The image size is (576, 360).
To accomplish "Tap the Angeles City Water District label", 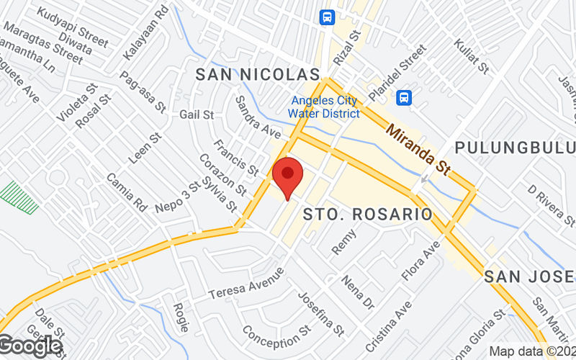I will (324, 107).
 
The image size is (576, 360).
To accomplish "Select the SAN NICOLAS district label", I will (257, 74).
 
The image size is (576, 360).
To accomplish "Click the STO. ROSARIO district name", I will (367, 215).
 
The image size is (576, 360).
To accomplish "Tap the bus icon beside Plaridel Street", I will (405, 96).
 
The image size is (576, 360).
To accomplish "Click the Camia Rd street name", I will (126, 192).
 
